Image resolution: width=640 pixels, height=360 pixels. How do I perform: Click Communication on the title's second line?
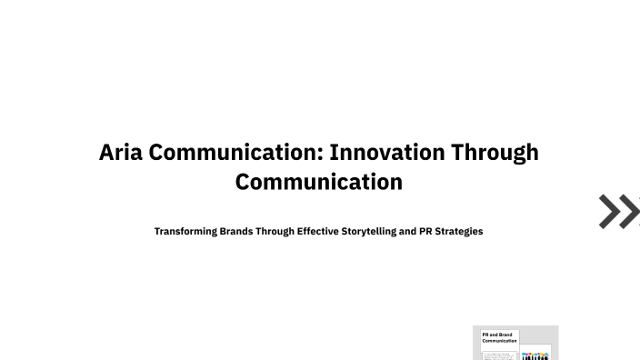[x=319, y=182]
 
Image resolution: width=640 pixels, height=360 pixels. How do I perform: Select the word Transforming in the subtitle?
[x=185, y=232]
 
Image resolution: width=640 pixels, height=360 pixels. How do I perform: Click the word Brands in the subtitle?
[x=236, y=232]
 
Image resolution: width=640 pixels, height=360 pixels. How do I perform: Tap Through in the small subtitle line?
[x=275, y=232]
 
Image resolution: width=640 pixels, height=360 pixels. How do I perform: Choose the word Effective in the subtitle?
[x=317, y=232]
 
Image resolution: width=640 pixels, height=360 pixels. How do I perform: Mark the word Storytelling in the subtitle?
[x=368, y=232]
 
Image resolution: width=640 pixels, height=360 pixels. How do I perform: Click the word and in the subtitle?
[x=407, y=232]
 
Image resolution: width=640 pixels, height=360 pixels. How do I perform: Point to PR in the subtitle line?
[x=425, y=232]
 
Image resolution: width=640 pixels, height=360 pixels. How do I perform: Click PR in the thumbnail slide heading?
[x=485, y=335]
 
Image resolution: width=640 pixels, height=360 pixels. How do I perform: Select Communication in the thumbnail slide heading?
[x=499, y=341]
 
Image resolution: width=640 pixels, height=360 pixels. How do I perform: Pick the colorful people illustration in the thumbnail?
[x=535, y=355]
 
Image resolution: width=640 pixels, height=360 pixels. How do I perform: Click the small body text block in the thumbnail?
[x=499, y=355]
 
